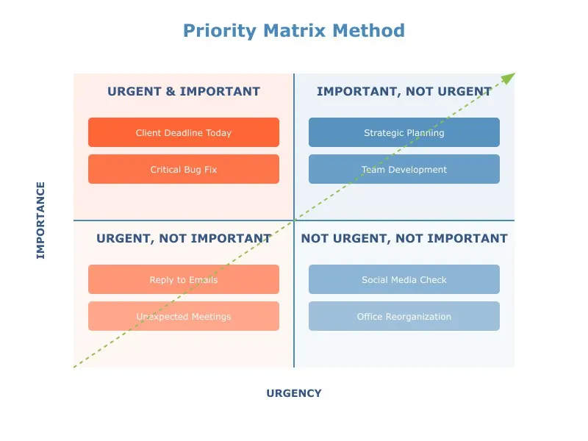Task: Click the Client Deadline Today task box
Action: pos(184,132)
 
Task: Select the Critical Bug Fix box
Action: pos(184,169)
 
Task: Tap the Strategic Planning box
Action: pos(404,132)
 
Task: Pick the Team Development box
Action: pos(404,169)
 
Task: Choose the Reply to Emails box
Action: pos(184,279)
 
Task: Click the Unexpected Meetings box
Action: pos(184,316)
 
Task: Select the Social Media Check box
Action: pos(404,279)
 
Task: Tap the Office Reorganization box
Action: pos(404,316)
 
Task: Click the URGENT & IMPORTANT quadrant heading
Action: pos(184,91)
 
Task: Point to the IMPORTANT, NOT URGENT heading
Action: pos(404,91)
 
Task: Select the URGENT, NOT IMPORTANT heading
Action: pos(184,238)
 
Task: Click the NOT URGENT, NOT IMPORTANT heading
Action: pos(404,238)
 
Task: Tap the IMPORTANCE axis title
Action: pos(40,220)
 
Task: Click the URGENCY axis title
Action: pos(294,393)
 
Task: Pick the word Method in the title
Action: pos(369,30)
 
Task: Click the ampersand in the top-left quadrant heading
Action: pos(171,91)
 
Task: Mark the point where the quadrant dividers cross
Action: pos(294,220)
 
